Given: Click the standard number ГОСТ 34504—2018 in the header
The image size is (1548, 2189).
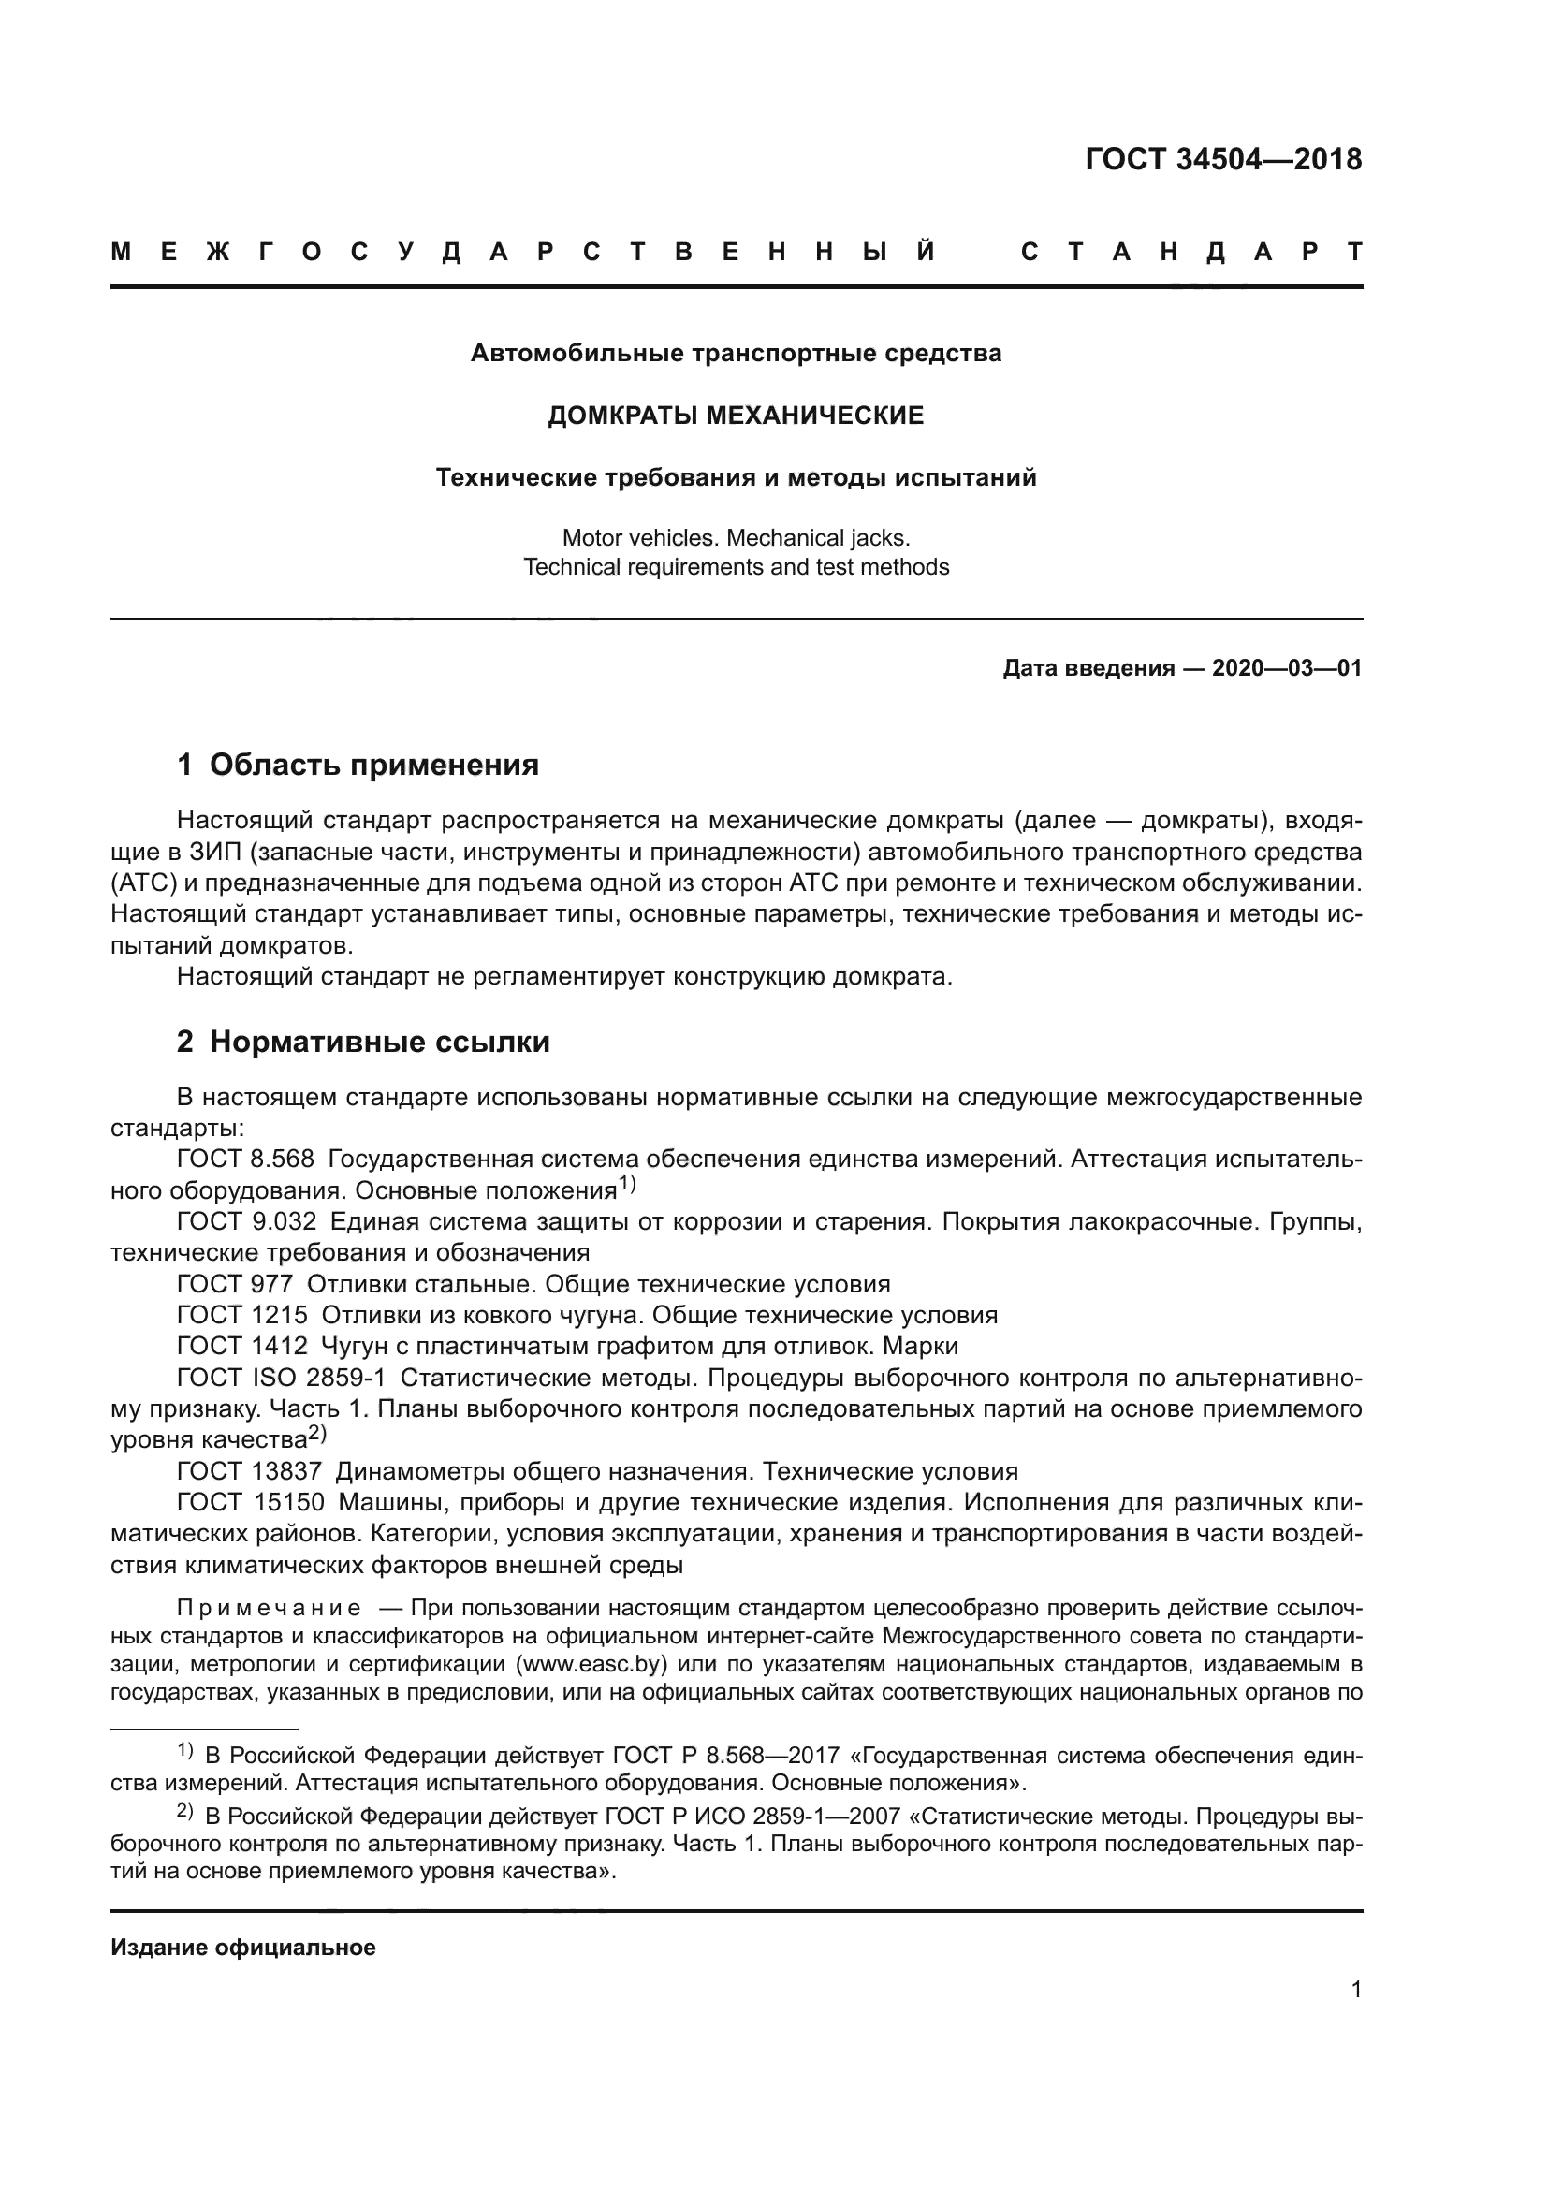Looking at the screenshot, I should (x=1223, y=159).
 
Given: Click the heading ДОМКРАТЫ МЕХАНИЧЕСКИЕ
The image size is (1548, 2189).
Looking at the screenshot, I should (x=735, y=416).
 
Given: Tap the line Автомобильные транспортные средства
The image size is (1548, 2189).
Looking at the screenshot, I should (x=735, y=354).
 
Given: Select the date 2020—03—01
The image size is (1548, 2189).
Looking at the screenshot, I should (x=1287, y=668).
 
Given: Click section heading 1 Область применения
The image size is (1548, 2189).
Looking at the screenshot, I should (x=358, y=765).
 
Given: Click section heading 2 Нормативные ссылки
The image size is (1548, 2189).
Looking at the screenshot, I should (x=363, y=1042).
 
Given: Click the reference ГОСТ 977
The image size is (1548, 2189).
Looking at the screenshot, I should (x=235, y=1284).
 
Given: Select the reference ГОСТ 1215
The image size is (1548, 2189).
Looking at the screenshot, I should (x=242, y=1315).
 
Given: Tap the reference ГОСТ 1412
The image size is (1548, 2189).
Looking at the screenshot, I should (x=242, y=1346).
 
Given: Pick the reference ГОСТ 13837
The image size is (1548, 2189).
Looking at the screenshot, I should (x=250, y=1471).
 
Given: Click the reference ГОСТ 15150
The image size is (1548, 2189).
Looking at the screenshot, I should (x=251, y=1503).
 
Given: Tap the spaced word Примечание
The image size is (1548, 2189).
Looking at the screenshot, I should (x=269, y=1610).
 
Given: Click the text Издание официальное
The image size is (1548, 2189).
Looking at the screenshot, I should (x=243, y=1948).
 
